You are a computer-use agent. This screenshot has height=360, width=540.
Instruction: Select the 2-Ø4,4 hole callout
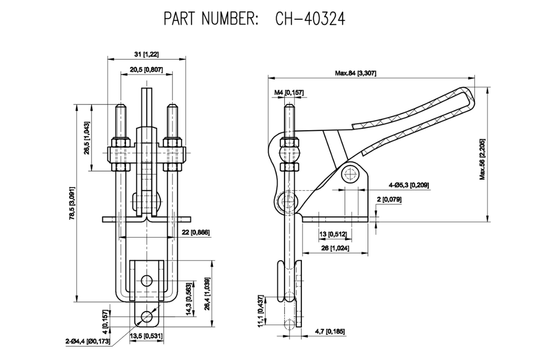coord(87,341)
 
